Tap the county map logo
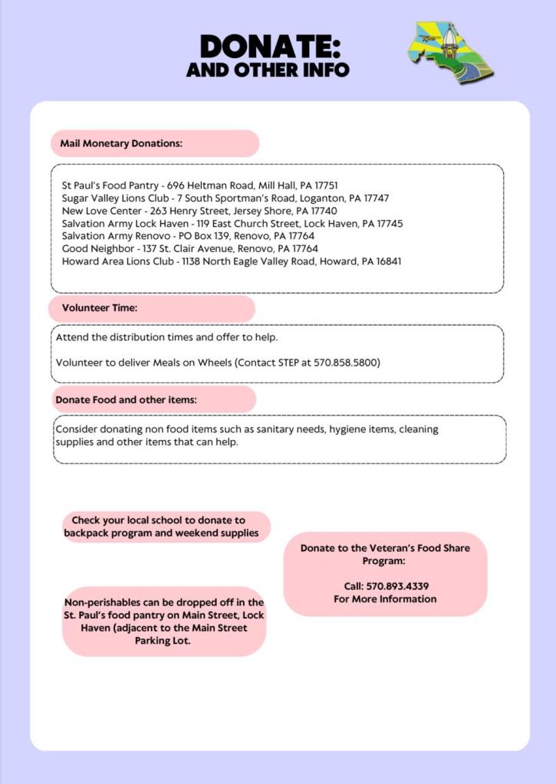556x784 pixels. [450, 51]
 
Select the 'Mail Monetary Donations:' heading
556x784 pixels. [121, 143]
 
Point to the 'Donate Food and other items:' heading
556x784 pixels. [126, 399]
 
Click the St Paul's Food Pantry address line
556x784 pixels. [200, 185]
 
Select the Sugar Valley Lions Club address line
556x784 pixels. [225, 198]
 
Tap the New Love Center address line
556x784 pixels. [199, 211]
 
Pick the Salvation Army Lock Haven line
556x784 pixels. [232, 224]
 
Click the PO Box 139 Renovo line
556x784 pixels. [188, 236]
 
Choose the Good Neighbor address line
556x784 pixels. [190, 248]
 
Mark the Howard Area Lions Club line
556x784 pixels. [232, 261]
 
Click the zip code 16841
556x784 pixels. [387, 261]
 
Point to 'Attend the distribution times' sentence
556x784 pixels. [166, 337]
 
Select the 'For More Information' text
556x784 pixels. [385, 599]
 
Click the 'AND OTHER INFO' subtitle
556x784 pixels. [268, 70]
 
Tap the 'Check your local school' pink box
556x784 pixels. [166, 526]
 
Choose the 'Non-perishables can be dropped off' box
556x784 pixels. [163, 622]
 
